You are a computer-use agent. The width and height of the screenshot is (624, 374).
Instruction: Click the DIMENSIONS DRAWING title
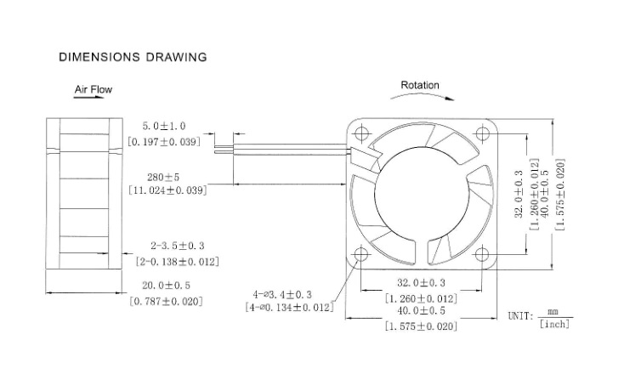point(133,57)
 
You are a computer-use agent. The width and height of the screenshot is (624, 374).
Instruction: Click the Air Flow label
point(94,89)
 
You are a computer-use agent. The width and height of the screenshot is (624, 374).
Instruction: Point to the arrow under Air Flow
point(89,98)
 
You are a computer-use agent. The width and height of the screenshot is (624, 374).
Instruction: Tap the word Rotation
point(420,85)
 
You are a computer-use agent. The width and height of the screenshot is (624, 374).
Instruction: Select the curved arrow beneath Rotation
point(422,94)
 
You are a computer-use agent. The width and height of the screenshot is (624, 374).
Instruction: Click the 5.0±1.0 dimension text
point(164,126)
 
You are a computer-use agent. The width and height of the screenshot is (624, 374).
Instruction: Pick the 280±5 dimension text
point(163,177)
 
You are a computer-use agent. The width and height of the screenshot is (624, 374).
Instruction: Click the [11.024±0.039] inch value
point(167,190)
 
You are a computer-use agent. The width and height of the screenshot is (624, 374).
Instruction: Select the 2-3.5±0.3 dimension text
point(178,246)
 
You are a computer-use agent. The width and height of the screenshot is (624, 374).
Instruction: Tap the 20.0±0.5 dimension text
point(167,286)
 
